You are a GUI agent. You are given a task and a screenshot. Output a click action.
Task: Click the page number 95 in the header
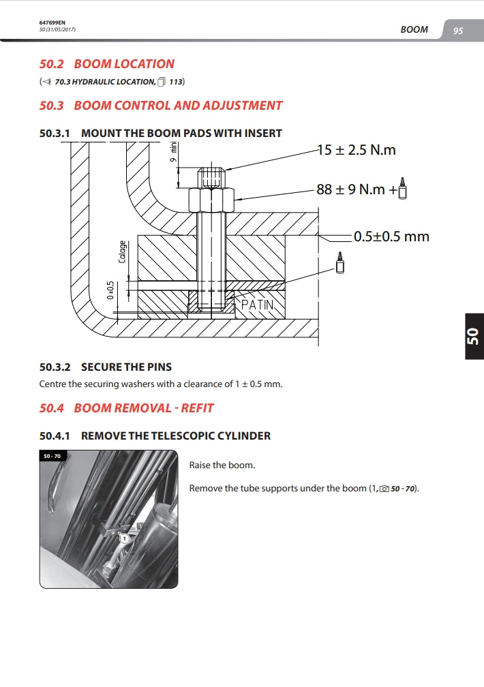click(457, 31)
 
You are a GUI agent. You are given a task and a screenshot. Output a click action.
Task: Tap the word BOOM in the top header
click(414, 30)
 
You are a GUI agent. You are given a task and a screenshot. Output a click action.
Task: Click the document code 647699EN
click(52, 22)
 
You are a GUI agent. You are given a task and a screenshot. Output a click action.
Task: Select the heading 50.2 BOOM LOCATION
click(107, 64)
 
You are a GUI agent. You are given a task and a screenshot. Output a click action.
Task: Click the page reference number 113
click(176, 82)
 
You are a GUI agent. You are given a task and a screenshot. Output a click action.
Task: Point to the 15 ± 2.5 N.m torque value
click(356, 150)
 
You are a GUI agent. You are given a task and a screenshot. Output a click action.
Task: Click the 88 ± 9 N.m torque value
click(350, 189)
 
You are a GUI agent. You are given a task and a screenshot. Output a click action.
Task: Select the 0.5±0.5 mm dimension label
click(391, 236)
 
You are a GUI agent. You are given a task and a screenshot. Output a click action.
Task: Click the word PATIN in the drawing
click(257, 305)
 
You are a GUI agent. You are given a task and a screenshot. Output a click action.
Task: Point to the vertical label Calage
click(123, 251)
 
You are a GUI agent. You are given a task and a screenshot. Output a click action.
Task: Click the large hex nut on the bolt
click(211, 200)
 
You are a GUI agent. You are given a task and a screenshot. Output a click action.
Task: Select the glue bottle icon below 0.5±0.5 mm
click(340, 262)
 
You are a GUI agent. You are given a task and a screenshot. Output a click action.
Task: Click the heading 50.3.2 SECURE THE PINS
click(106, 367)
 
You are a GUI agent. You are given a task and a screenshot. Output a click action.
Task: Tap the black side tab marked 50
click(472, 337)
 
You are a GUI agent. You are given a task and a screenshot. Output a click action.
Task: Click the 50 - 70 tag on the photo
click(52, 456)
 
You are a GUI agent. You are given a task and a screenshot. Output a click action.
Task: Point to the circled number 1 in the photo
click(124, 538)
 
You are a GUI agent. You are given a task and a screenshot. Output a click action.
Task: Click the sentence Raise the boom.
click(222, 465)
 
